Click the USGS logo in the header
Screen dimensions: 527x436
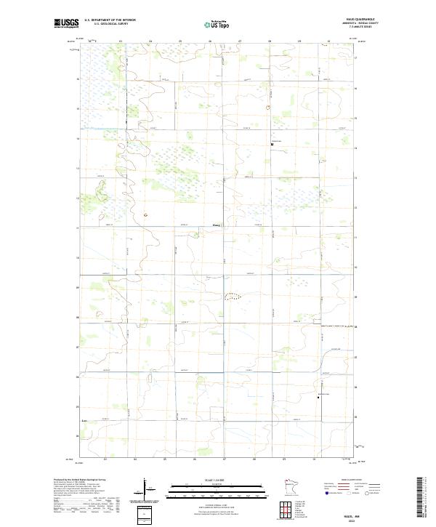point(66,23)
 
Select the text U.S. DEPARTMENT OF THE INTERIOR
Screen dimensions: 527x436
point(110,20)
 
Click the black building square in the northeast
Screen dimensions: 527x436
point(272,144)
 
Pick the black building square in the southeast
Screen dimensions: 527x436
point(318,397)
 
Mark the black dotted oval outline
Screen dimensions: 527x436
point(233,296)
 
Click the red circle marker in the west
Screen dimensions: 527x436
point(145,214)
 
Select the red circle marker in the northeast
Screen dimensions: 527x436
point(268,107)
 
